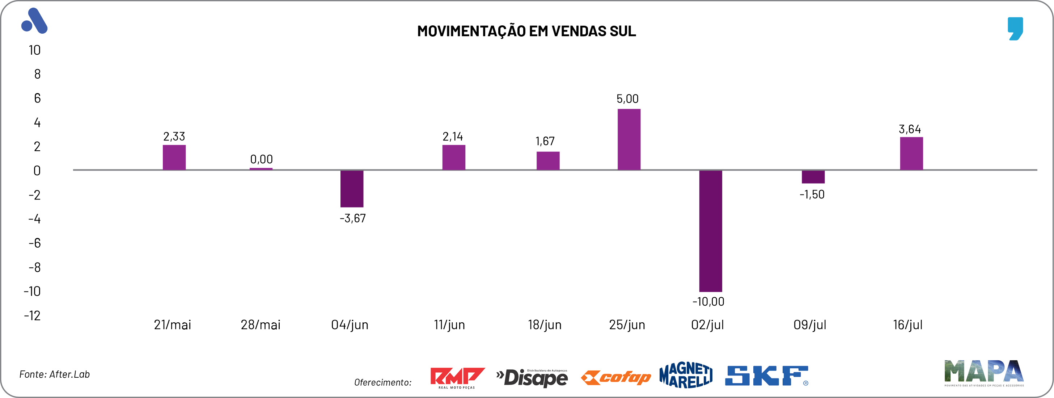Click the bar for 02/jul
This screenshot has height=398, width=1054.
710,231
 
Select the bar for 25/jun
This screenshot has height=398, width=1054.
629,139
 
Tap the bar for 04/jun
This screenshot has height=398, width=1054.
352,188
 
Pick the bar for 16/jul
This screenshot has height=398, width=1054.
911,154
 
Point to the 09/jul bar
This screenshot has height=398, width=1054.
813,177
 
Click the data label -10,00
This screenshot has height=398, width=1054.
708,302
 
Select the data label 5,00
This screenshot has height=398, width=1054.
627,99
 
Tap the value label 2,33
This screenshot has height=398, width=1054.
174,137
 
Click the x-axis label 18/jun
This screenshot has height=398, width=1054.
545,325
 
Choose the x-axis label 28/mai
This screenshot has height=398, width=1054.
261,325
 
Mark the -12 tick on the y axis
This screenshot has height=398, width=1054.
32,315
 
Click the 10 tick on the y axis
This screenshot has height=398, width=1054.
34,50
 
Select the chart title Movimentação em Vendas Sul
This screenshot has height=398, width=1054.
526,31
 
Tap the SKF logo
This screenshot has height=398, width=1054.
766,376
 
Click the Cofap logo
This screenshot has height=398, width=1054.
616,377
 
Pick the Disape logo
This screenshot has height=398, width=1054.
532,377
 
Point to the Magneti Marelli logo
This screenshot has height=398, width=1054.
686,375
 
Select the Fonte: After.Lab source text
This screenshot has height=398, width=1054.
54,374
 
